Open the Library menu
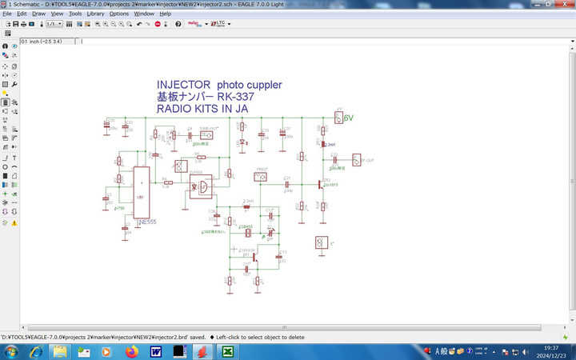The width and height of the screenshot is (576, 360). point(95,14)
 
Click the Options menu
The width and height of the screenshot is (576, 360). point(118,14)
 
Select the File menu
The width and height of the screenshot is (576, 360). point(7,14)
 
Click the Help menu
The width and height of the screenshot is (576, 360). point(166,14)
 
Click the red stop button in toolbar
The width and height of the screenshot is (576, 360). point(157,24)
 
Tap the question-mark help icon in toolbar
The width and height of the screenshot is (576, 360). point(178,24)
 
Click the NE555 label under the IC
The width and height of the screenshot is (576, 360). point(147,221)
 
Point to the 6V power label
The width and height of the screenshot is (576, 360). point(349,118)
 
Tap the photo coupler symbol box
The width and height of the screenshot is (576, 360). point(202,186)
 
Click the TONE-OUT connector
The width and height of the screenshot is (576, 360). point(206,134)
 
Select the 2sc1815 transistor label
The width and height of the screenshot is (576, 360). point(330,184)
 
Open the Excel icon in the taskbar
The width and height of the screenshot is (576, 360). point(227,351)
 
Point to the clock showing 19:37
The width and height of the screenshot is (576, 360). point(551,347)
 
